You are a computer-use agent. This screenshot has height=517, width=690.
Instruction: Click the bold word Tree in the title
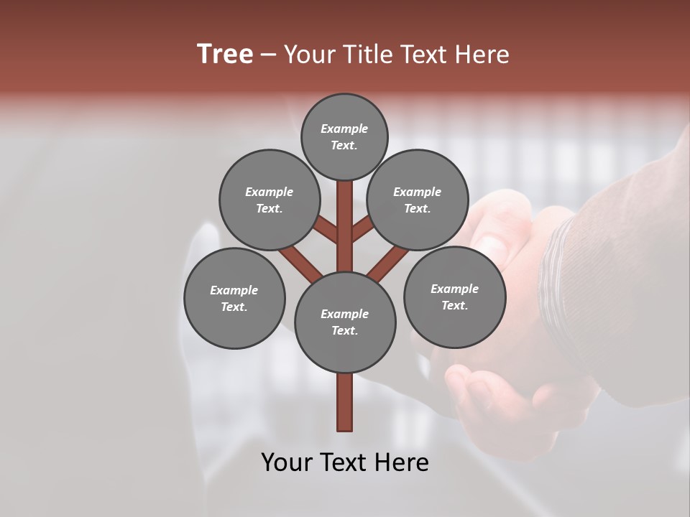(x=225, y=54)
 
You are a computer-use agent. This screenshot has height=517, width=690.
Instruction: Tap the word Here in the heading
(x=482, y=54)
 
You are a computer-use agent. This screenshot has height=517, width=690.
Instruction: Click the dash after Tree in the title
(x=268, y=55)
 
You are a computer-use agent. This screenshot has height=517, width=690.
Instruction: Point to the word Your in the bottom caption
(x=287, y=462)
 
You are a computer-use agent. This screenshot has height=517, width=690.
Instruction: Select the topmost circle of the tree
(x=344, y=136)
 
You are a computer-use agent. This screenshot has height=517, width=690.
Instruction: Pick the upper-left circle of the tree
(x=269, y=200)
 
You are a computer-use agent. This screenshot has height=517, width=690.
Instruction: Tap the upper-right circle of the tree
(x=418, y=200)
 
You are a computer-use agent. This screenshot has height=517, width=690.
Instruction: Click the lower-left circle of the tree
(x=234, y=298)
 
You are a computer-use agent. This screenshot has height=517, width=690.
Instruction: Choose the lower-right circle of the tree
(x=454, y=297)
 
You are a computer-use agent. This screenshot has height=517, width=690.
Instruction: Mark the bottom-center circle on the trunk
(x=345, y=322)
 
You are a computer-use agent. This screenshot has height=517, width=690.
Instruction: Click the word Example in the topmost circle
(x=344, y=129)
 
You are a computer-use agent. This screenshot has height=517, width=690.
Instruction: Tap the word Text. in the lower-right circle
(x=454, y=305)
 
